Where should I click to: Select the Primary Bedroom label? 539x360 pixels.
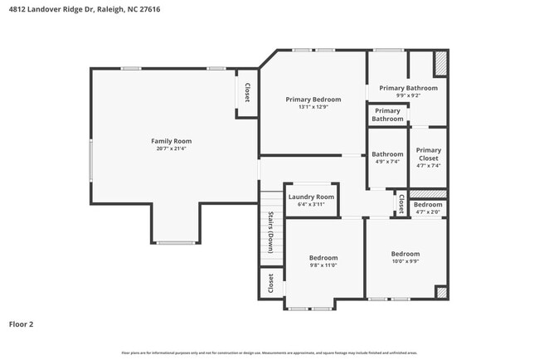[313, 100]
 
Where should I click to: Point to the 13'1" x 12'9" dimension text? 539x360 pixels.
[313, 107]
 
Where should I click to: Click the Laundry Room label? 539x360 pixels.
[312, 197]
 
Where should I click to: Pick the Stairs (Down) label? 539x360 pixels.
[270, 233]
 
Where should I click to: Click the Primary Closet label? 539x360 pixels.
[428, 154]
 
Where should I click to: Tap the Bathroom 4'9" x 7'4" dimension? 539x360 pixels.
[386, 162]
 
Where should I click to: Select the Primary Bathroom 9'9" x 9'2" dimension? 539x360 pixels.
[408, 95]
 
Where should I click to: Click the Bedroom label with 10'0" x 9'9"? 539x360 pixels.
[405, 254]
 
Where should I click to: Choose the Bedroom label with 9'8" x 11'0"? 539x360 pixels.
[323, 258]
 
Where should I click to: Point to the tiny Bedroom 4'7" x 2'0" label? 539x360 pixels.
[428, 205]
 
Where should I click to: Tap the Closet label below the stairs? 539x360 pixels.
[270, 284]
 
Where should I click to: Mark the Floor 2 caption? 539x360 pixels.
[21, 324]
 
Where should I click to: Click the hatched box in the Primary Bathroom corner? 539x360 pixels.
[440, 63]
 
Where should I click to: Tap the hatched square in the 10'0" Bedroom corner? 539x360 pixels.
[441, 293]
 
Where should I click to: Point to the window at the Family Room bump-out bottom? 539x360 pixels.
[176, 242]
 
